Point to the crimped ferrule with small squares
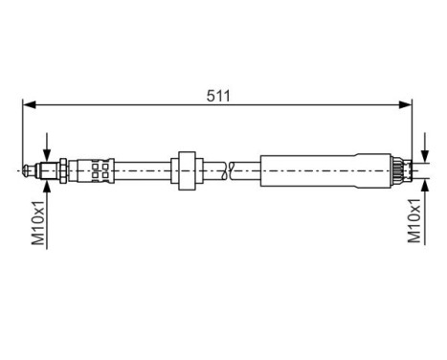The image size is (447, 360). (97, 170)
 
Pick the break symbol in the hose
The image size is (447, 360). (228, 170)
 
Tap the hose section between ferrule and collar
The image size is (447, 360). (144, 170)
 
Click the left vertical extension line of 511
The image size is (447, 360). (23, 134)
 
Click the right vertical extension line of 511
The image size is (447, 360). (412, 134)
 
